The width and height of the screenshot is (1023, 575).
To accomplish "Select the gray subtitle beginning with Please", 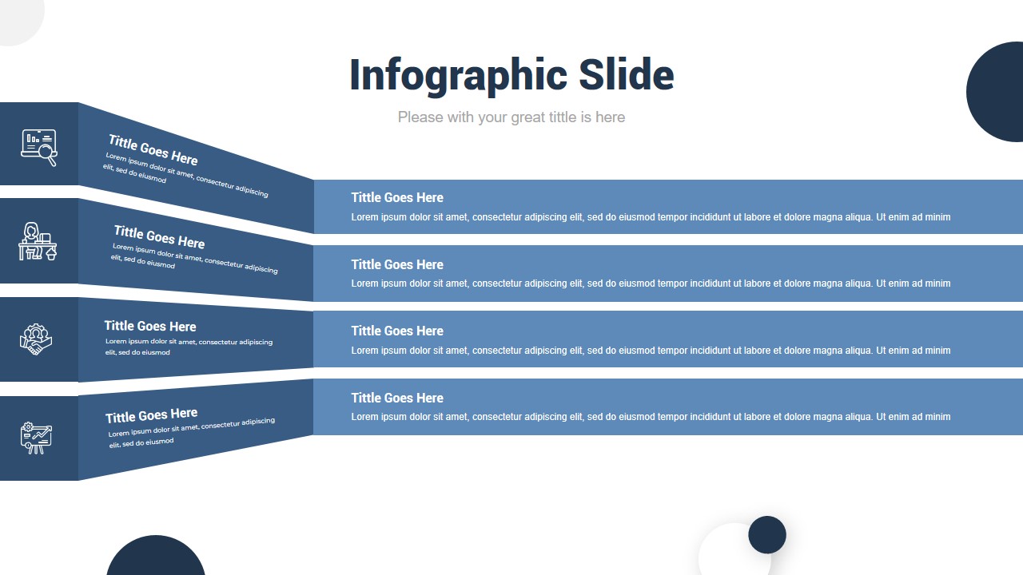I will [511, 117].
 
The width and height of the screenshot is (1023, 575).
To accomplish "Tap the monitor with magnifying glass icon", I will [38, 147].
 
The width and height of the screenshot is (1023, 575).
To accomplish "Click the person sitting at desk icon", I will [38, 241].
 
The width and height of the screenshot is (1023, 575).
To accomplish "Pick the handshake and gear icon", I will [36, 339].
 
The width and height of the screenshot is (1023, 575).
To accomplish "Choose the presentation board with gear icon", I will [36, 438].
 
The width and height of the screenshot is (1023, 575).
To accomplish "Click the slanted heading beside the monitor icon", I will [153, 150].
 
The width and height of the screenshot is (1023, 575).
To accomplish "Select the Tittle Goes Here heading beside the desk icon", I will [159, 237].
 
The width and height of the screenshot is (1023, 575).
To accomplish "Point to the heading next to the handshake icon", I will [149, 326].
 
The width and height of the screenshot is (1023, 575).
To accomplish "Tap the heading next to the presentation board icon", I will [151, 416].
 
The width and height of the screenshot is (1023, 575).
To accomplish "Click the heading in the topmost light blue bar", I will [396, 197].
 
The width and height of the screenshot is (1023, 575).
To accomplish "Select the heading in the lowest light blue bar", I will [396, 398].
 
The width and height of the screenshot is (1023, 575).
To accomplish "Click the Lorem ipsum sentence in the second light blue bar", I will [651, 284].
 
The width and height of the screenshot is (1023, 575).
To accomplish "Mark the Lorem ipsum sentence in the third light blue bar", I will [651, 351].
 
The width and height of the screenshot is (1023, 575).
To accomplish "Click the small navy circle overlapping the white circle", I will [767, 535].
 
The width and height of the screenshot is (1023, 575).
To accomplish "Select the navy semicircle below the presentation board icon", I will [156, 558].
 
